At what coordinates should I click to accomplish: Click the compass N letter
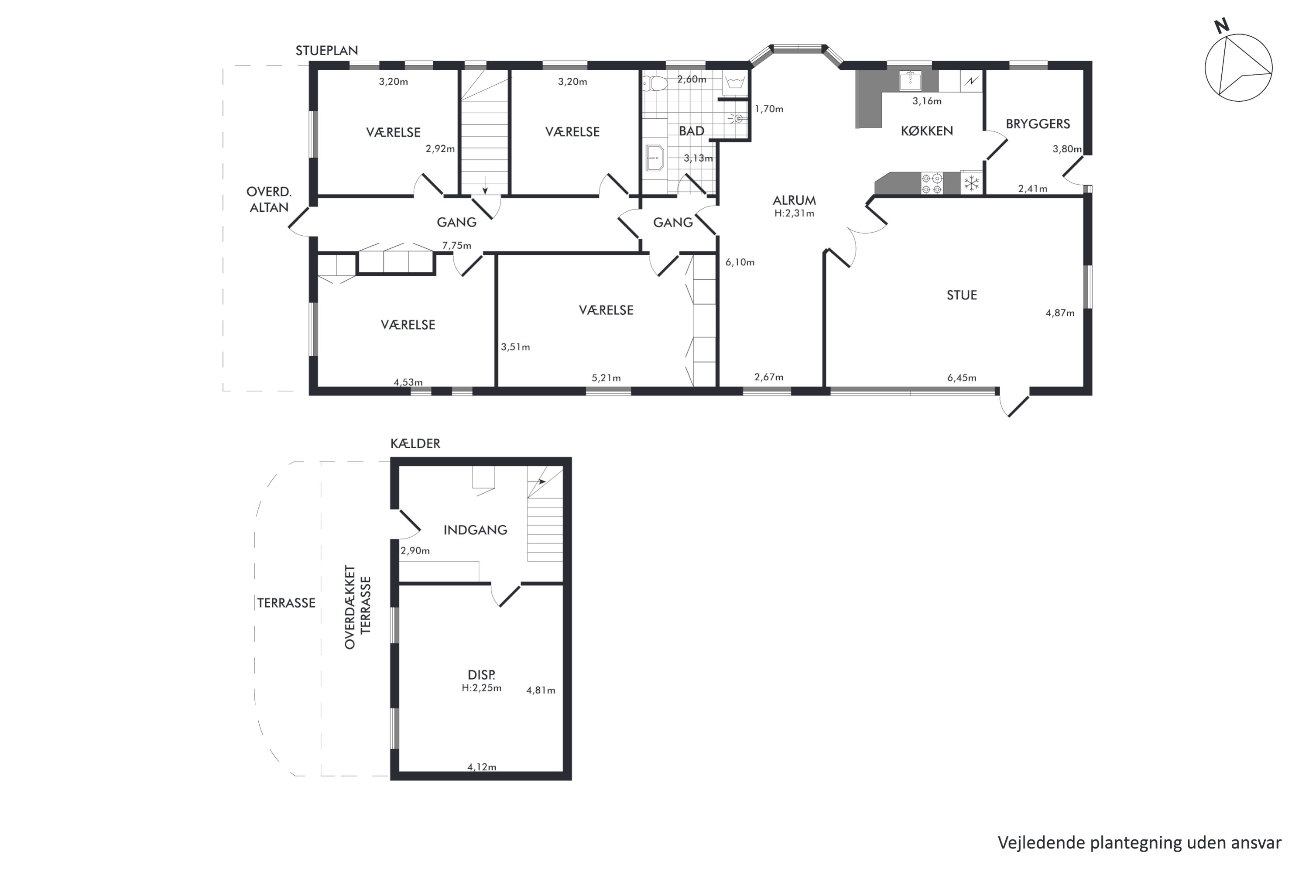pyautogui.click(x=1222, y=26)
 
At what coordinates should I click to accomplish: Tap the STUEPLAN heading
pyautogui.click(x=327, y=51)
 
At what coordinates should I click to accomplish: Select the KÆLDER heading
pyautogui.click(x=415, y=443)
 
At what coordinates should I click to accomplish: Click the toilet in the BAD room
pyautogui.click(x=655, y=83)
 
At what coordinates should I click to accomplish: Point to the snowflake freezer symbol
pyautogui.click(x=971, y=183)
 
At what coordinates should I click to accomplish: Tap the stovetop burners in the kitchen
pyautogui.click(x=932, y=184)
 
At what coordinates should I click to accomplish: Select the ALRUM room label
pyautogui.click(x=794, y=200)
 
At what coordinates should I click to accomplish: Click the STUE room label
pyautogui.click(x=962, y=295)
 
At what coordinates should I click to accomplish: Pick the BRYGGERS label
pyautogui.click(x=1038, y=124)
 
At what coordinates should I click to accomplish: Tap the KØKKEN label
pyautogui.click(x=927, y=131)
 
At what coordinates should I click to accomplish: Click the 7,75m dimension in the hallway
pyautogui.click(x=456, y=245)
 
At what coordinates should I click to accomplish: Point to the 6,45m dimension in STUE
pyautogui.click(x=962, y=378)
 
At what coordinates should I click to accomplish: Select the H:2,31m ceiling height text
pyautogui.click(x=794, y=213)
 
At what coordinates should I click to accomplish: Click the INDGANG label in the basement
pyautogui.click(x=475, y=530)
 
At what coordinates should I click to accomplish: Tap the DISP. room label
pyautogui.click(x=481, y=675)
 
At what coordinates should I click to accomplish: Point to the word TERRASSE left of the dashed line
pyautogui.click(x=286, y=603)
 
